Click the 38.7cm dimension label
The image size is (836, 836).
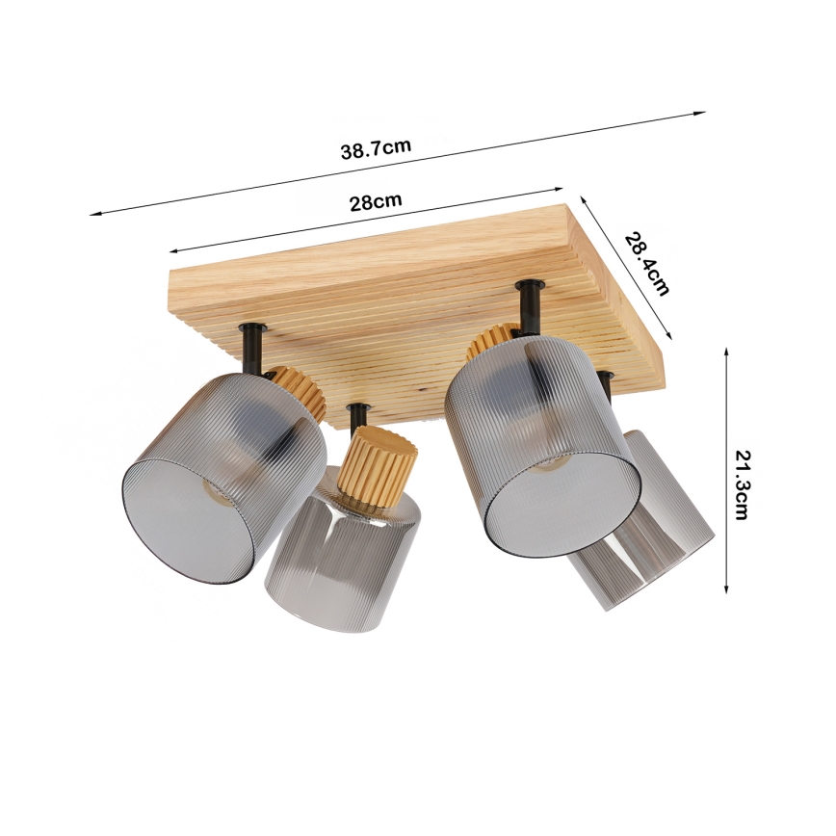click(376, 149)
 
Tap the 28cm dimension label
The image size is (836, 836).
click(376, 202)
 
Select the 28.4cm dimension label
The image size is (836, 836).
click(646, 263)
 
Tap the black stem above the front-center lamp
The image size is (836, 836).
click(358, 416)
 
